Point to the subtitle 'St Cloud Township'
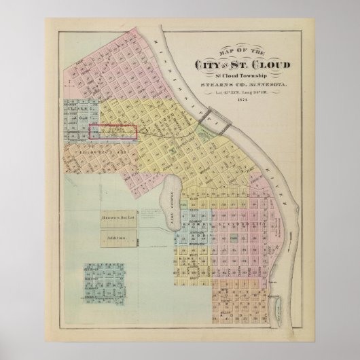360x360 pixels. click(242, 76)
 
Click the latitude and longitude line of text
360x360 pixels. click(242, 92)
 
